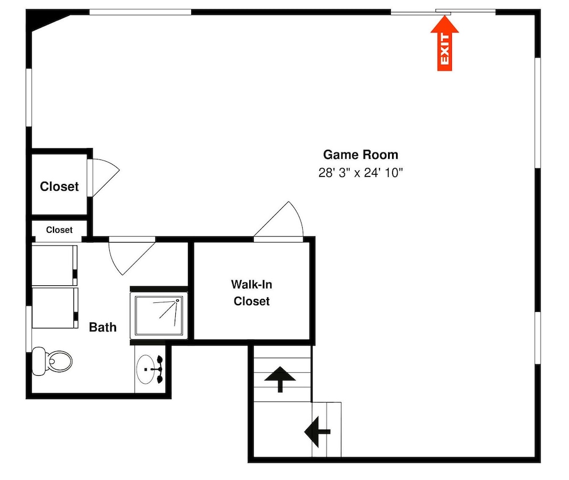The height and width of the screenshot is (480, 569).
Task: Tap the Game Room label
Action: point(360,155)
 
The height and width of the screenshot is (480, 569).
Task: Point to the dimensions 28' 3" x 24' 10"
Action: point(361,173)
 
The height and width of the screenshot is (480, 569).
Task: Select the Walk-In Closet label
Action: point(251,293)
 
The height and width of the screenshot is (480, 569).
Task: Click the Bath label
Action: point(102,327)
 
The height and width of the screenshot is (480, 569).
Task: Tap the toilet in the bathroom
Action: point(52,361)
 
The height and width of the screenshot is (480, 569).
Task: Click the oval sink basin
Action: point(145,370)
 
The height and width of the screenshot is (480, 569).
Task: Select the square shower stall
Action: point(159,315)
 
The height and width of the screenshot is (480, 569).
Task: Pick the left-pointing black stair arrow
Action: point(317,432)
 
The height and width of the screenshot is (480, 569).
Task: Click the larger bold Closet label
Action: point(59,186)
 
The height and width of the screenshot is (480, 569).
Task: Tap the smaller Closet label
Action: point(59,230)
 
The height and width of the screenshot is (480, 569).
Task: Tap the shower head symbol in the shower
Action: point(178,300)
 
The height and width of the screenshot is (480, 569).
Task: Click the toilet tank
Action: point(39,361)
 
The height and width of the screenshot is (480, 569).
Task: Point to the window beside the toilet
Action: point(28,329)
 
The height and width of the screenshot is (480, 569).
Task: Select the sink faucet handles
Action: point(159,370)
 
